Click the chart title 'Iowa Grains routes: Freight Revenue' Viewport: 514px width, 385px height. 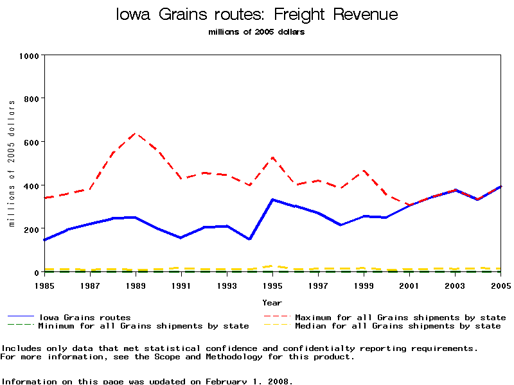tap(256, 15)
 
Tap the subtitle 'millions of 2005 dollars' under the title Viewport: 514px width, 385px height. tap(256, 32)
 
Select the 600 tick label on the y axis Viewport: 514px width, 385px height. tap(32, 142)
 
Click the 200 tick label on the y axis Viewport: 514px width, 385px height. tap(32, 229)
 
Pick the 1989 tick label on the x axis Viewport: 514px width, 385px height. tap(135, 284)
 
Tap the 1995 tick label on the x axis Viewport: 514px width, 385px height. tap(272, 284)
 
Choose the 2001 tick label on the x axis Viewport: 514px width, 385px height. tap(410, 284)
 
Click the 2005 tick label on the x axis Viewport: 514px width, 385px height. tap(501, 284)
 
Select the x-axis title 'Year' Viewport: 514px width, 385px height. tap(272, 302)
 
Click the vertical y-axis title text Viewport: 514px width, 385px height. tap(12, 164)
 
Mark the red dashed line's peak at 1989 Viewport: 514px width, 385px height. tap(135, 133)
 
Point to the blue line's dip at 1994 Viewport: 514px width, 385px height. tap(249, 239)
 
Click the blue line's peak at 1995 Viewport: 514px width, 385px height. tap(272, 200)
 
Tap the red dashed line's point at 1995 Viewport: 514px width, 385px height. tap(272, 157)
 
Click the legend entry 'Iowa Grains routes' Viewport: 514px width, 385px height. tap(84, 317)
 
